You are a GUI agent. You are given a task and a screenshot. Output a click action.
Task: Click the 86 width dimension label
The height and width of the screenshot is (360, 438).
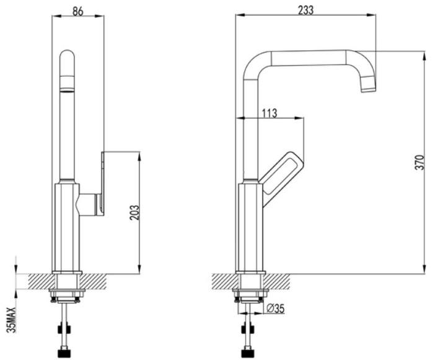(78, 11)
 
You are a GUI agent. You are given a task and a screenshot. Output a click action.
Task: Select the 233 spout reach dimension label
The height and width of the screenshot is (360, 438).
(306, 10)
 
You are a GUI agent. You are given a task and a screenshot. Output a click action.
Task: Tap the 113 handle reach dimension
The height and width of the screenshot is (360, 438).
(269, 113)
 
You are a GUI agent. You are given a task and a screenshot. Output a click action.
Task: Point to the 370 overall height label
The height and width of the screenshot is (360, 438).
(419, 162)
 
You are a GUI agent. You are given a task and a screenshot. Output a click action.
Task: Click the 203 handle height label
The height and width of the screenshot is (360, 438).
(134, 213)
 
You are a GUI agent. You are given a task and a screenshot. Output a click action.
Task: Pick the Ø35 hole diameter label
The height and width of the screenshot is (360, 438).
(276, 309)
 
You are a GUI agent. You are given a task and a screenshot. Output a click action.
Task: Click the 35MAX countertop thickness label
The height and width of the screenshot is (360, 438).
(12, 320)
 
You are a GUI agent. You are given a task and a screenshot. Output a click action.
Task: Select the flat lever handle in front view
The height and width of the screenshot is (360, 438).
(102, 183)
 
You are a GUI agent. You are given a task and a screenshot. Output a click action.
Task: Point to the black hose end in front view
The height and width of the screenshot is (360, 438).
(64, 354)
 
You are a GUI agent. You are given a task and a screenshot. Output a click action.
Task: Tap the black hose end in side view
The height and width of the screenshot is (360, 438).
(248, 354)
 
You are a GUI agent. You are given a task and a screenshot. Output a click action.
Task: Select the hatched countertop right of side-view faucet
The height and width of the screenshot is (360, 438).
(276, 281)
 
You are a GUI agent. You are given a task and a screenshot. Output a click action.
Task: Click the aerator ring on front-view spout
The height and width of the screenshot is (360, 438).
(68, 90)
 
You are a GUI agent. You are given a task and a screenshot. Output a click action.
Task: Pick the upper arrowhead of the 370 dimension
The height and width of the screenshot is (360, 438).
(424, 56)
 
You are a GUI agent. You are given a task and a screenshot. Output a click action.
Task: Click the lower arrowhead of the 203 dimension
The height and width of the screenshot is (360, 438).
(139, 269)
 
